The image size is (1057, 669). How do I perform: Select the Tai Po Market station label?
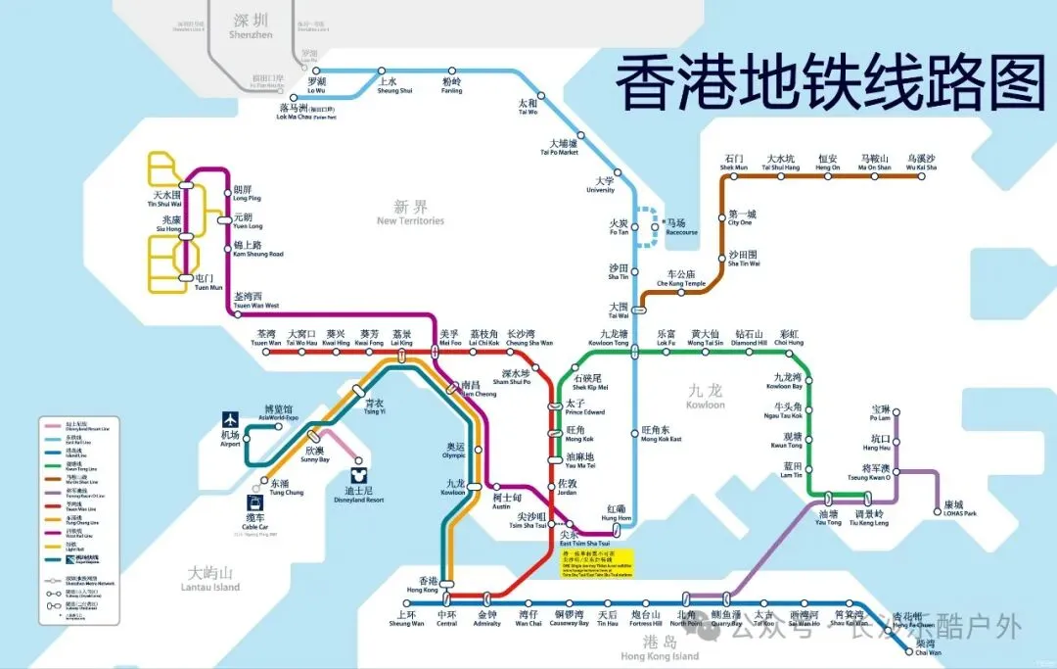(560, 148)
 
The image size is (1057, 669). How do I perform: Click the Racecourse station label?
(681, 227)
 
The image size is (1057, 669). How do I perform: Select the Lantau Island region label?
(209, 580)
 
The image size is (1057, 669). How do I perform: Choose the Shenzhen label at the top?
(252, 25)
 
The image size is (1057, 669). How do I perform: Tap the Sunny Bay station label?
(315, 454)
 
